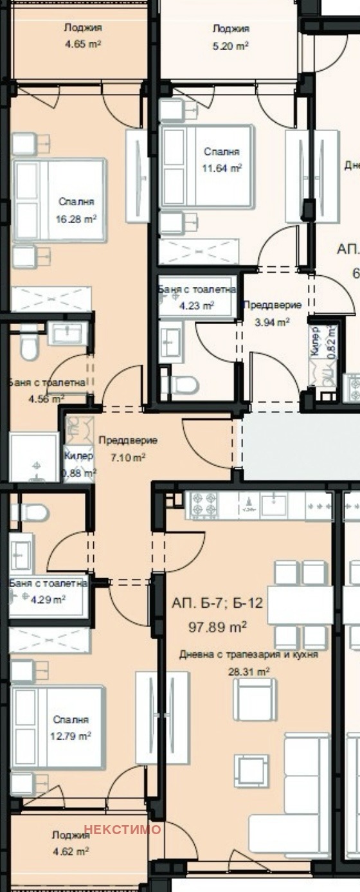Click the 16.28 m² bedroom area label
pos(76,218)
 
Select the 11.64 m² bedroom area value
pos(222,168)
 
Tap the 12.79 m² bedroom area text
pos(71,736)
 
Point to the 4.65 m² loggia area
pos(83,44)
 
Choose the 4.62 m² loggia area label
pos(70,851)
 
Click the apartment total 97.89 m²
pos(217,625)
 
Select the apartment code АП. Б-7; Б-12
pos(217,604)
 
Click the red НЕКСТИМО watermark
pos(122,830)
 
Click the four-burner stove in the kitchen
pos(204,505)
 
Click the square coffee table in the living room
pos(251,770)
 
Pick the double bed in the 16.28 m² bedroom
pos(60,201)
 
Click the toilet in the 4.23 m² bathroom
pos(181,385)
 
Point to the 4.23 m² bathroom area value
pos(196,306)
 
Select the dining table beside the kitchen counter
pos(300,605)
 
